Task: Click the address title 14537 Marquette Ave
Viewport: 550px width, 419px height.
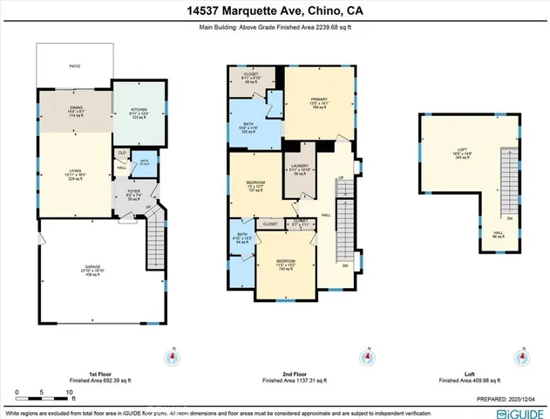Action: click(275, 11)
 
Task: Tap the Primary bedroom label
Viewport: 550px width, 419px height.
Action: click(318, 104)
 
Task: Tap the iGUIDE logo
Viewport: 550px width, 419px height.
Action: click(519, 412)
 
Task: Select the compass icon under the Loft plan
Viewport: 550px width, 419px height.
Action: click(522, 358)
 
